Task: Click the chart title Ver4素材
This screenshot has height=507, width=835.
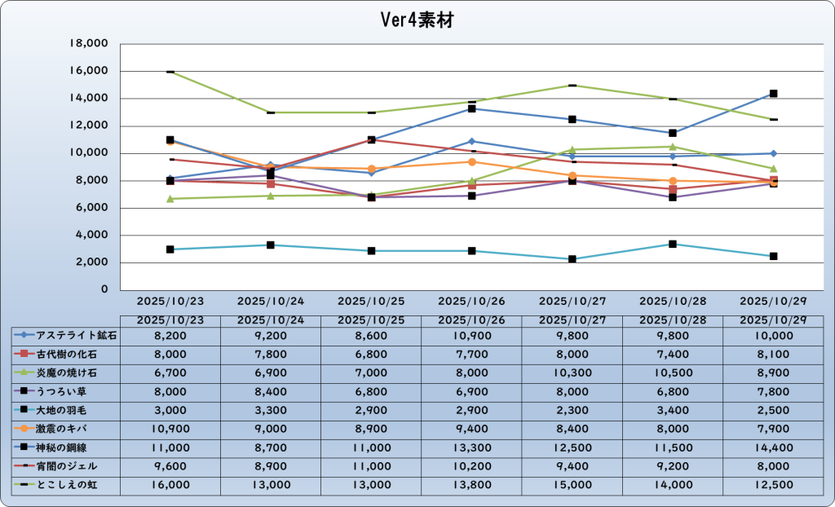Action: pyautogui.click(x=417, y=20)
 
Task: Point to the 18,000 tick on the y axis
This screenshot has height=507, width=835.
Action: pyautogui.click(x=91, y=44)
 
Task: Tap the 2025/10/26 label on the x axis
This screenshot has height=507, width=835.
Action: pyautogui.click(x=472, y=301)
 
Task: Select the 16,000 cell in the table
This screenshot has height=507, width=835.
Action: pyautogui.click(x=170, y=485)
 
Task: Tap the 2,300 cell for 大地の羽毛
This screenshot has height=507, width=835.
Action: pyautogui.click(x=573, y=410)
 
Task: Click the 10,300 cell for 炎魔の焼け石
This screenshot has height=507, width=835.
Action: pyautogui.click(x=573, y=373)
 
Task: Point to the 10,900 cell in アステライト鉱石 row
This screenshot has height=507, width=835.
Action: pyautogui.click(x=472, y=335)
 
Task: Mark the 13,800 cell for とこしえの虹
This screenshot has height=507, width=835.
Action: pyautogui.click(x=472, y=485)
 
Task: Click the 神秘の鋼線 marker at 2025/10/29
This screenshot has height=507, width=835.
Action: pyautogui.click(x=774, y=94)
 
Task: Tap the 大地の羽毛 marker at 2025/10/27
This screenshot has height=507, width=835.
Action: pyautogui.click(x=573, y=259)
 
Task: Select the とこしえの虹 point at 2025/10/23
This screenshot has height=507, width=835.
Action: pyautogui.click(x=170, y=72)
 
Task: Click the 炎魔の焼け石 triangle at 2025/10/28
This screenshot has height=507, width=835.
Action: pyautogui.click(x=674, y=147)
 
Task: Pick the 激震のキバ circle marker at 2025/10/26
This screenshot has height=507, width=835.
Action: pyautogui.click(x=472, y=162)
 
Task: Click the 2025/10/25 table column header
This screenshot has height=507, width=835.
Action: pyautogui.click(x=371, y=320)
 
